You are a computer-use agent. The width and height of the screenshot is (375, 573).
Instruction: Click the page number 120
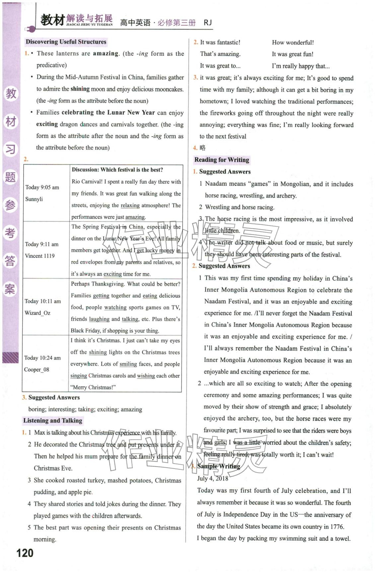[x=25, y=553]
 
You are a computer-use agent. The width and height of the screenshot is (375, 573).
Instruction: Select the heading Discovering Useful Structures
[x=66, y=42]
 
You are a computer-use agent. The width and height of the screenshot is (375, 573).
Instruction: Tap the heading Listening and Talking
[x=52, y=421]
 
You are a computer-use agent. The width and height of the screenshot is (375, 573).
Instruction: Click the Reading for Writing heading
[x=222, y=160]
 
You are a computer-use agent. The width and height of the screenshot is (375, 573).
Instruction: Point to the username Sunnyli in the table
[x=34, y=199]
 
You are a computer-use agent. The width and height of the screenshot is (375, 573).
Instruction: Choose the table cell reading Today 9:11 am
[x=42, y=244]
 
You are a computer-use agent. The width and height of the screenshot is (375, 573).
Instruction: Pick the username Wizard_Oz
[x=37, y=313]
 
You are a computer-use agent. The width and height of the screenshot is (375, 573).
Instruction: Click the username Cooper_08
[x=37, y=370]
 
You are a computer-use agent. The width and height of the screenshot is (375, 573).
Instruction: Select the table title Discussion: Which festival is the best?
[x=117, y=170]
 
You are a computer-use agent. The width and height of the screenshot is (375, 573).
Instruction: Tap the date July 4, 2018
[x=213, y=479]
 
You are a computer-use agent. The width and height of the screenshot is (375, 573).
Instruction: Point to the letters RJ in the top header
[x=208, y=23]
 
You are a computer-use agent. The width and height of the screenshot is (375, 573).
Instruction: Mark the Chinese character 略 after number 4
[x=203, y=148]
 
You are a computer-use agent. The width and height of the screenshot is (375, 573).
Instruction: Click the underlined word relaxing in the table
[x=130, y=206]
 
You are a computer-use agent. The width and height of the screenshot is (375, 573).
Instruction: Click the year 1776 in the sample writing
[x=337, y=527]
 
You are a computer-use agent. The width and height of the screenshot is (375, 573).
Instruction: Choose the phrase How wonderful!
[x=293, y=43]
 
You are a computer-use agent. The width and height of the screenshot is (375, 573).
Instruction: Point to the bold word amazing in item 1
[x=106, y=54]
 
